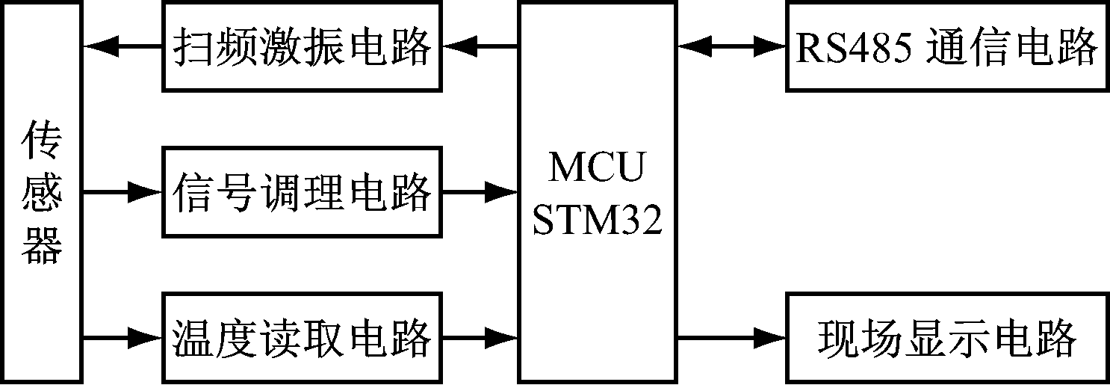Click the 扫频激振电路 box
(x=303, y=46)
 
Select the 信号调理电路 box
(x=303, y=192)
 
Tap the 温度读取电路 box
(x=303, y=338)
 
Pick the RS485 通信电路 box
(x=946, y=46)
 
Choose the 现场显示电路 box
(x=946, y=338)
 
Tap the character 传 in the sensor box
(x=42, y=141)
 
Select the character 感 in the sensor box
(x=42, y=193)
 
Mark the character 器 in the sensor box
(x=42, y=244)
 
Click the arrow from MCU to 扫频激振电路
(x=481, y=46)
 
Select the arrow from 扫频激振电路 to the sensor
(x=123, y=46)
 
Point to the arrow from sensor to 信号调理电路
(x=123, y=192)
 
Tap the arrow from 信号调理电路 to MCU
(x=481, y=192)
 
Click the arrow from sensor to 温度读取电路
(x=123, y=338)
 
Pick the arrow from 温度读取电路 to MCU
(x=481, y=338)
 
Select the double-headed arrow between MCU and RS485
(x=731, y=46)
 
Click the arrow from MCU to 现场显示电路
(x=731, y=338)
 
